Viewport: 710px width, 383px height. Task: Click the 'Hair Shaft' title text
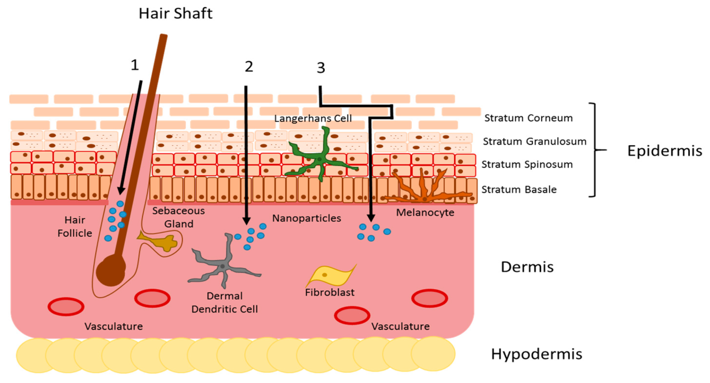pos(176,13)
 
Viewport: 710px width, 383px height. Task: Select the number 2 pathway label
pos(249,67)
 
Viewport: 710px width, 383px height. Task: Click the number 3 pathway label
pos(321,68)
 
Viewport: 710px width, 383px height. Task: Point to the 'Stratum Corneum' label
pos(528,118)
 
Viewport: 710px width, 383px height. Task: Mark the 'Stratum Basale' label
pos(519,189)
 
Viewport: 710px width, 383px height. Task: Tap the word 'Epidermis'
pos(665,151)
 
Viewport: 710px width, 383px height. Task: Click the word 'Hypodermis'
pos(536,354)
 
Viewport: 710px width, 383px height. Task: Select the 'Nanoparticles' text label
pos(306,218)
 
